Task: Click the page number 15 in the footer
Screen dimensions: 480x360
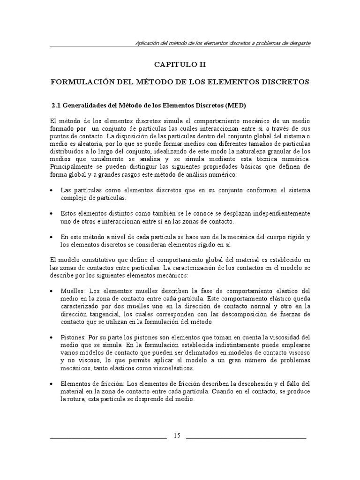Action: (177, 435)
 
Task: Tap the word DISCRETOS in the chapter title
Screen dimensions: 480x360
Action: (284, 82)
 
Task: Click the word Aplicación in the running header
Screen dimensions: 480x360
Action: (148, 43)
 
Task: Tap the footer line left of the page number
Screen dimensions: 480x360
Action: (108, 438)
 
